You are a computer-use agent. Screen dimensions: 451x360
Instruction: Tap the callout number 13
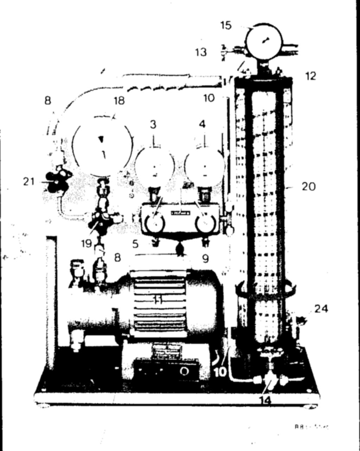tap(201, 52)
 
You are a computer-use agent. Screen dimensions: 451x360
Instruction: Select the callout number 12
tap(311, 76)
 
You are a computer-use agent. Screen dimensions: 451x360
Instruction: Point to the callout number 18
tap(119, 101)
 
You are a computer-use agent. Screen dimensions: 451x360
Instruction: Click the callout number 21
tap(28, 182)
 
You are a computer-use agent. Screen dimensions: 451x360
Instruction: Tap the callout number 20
tap(309, 186)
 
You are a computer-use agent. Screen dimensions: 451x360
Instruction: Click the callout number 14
tap(266, 400)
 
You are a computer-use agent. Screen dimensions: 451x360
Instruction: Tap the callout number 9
tap(205, 258)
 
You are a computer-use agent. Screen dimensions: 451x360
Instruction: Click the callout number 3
tap(153, 124)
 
